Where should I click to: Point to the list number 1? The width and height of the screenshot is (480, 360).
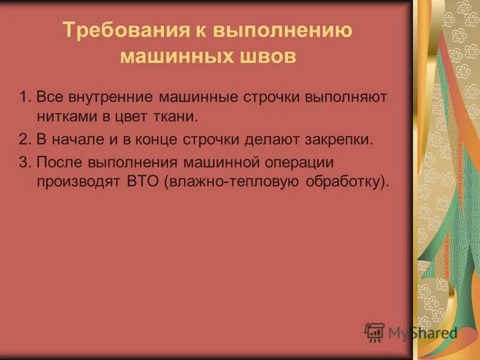(x=23, y=97)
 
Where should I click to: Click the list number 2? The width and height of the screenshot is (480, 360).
(x=23, y=140)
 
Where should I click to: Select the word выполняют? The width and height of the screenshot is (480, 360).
(x=347, y=97)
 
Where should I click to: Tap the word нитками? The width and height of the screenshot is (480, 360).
(x=63, y=115)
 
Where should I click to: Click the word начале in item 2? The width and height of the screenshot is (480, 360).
(x=70, y=140)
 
